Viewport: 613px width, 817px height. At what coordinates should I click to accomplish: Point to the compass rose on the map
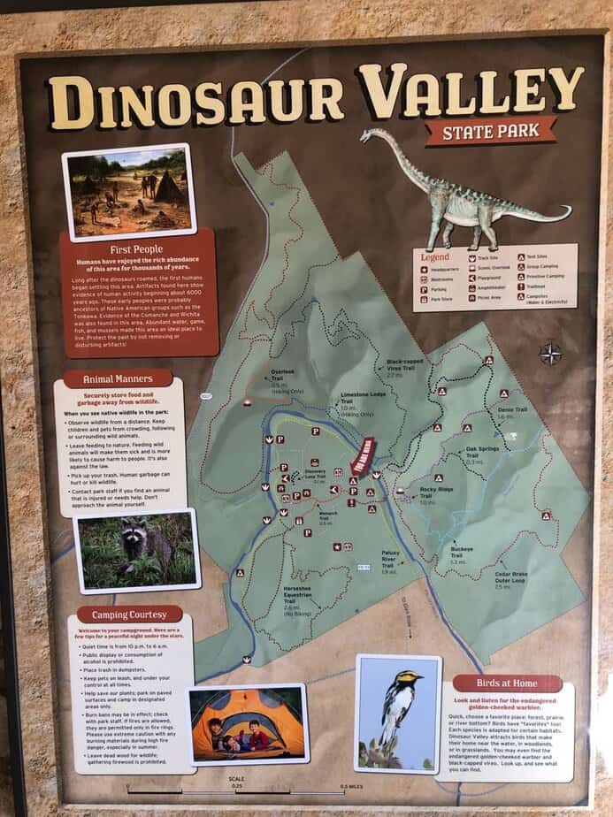[550, 355]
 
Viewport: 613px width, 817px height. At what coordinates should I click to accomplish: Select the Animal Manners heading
[118, 379]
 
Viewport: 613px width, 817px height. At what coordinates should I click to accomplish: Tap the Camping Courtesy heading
[130, 614]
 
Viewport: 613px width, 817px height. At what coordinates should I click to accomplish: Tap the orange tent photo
[248, 722]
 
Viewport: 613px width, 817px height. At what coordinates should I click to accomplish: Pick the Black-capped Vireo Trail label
[407, 366]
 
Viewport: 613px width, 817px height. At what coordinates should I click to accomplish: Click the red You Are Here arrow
[364, 455]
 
